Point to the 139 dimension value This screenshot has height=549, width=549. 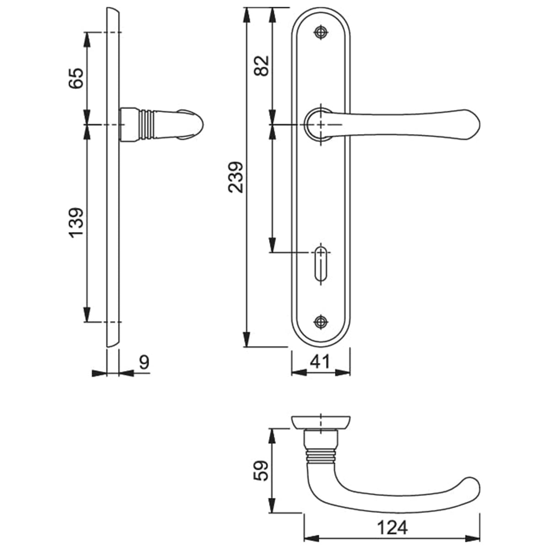coord(76,223)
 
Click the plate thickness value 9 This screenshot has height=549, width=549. coord(144,362)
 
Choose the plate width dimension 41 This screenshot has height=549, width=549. coord(320,362)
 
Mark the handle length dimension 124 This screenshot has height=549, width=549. coord(392,528)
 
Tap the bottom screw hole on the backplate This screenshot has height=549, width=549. coord(321,322)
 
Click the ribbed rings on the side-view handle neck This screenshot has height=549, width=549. coord(146,124)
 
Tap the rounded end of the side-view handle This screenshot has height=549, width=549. coord(197,124)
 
